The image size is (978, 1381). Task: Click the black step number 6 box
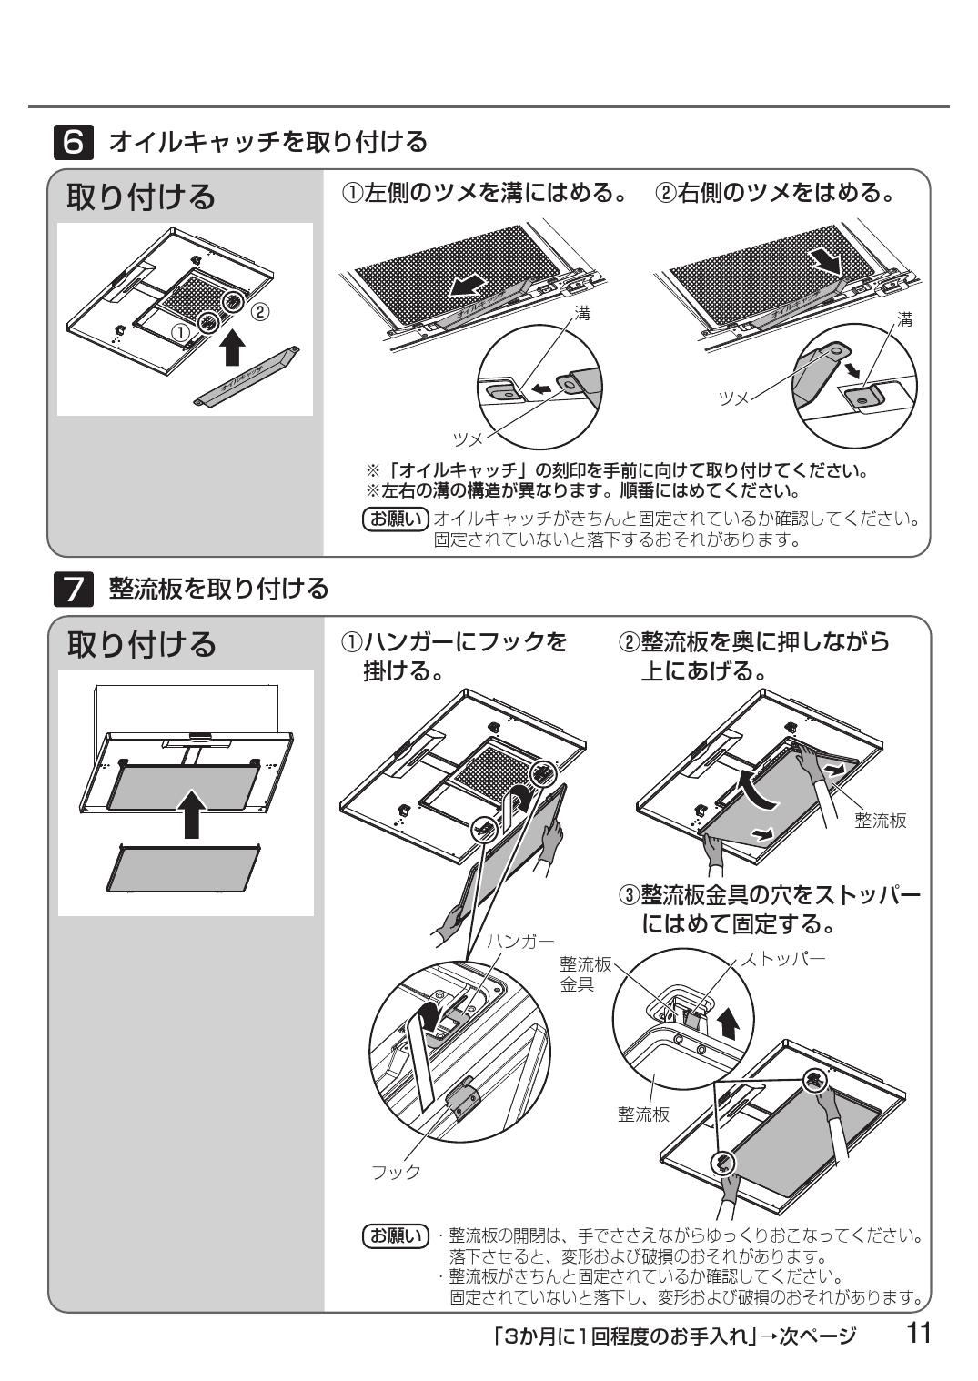tap(75, 143)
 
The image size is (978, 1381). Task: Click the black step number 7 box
tap(75, 590)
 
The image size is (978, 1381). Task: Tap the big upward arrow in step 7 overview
tap(191, 811)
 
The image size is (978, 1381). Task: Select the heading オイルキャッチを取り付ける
tap(267, 143)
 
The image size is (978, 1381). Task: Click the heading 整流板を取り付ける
tap(218, 590)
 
